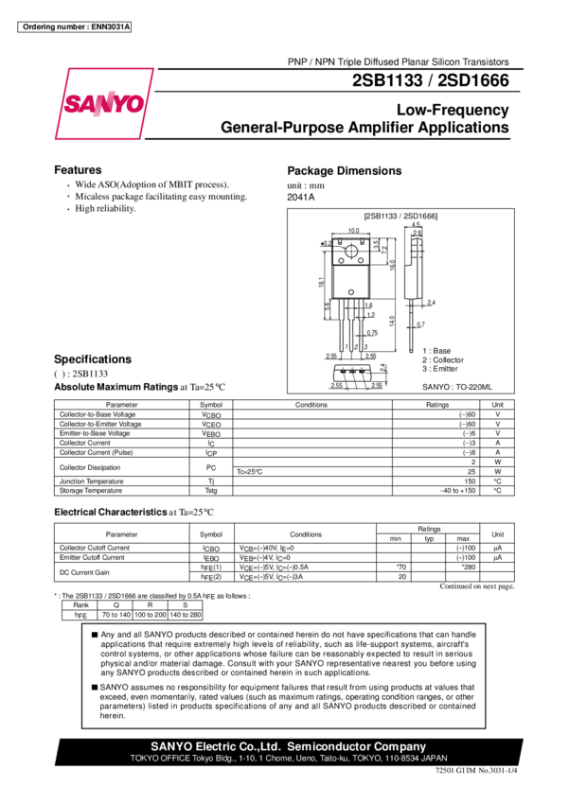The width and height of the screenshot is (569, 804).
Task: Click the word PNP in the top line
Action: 297,61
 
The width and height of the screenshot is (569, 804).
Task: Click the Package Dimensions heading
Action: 345,171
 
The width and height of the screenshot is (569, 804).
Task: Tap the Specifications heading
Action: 92,359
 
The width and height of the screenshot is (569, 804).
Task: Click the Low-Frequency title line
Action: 453,110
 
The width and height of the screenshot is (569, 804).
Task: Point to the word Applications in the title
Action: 465,127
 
